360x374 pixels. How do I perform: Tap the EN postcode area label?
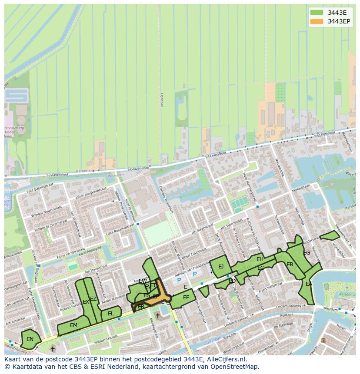click(30, 339)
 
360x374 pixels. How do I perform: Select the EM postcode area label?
click(73, 325)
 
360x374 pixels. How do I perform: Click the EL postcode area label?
click(111, 314)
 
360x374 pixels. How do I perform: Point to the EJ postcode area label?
click(221, 266)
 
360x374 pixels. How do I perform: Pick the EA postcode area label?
click(309, 284)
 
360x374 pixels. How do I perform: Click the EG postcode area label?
click(307, 253)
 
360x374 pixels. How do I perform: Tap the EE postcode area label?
click(186, 298)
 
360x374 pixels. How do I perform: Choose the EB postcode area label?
click(290, 265)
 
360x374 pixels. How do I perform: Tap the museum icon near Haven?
click(323, 340)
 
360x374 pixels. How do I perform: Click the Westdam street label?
click(331, 308)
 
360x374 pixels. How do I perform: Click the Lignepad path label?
click(161, 100)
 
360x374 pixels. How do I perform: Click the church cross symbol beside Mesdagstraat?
click(157, 316)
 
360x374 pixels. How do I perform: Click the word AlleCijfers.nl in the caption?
click(226, 360)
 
